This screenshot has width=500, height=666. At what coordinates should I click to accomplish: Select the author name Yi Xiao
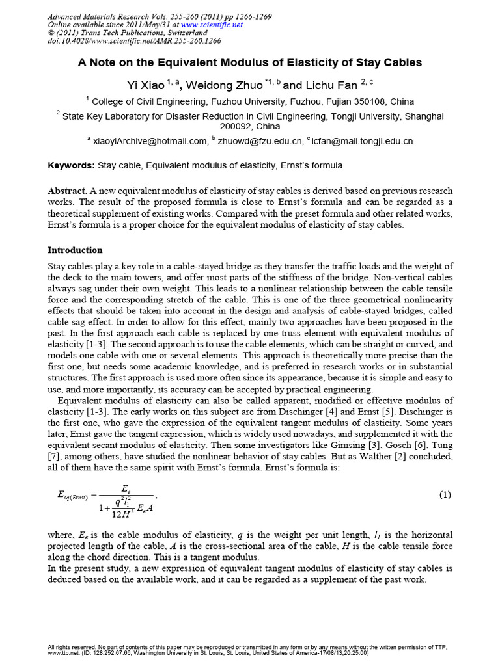145,85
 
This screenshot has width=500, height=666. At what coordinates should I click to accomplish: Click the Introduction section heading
76,250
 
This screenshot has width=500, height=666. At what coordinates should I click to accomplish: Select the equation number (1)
445,494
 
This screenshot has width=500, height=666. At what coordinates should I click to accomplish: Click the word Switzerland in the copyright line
188,33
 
